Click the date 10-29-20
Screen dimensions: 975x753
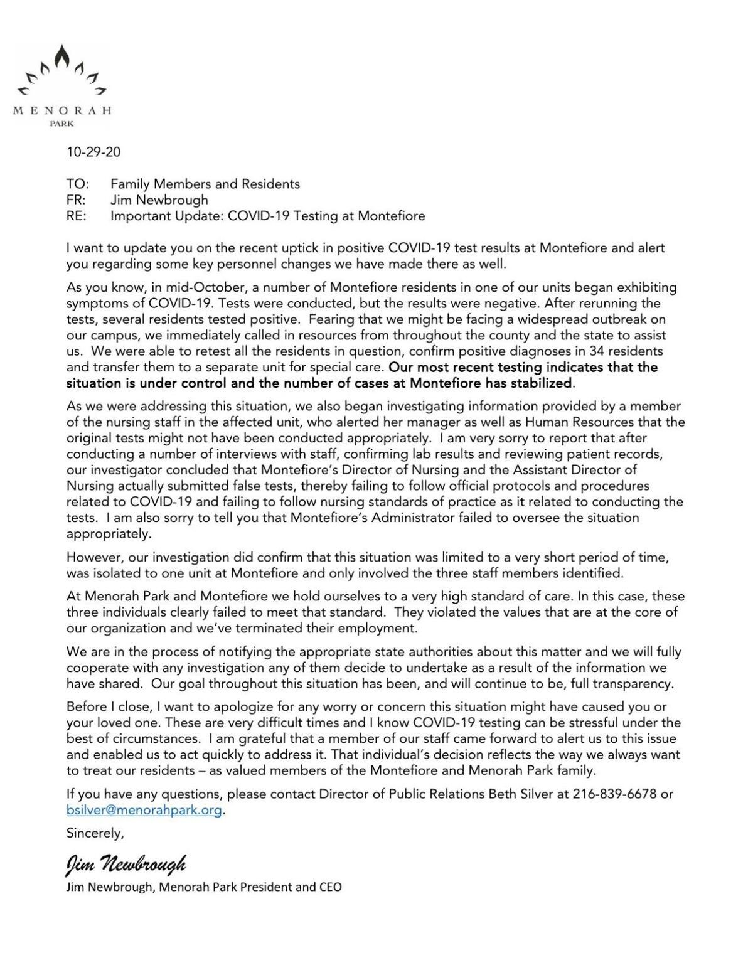pos(93,152)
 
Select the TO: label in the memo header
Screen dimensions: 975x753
pos(78,184)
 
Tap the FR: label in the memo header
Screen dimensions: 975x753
pos(76,200)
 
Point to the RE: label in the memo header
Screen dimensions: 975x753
pos(77,216)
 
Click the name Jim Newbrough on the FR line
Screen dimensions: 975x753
pos(159,200)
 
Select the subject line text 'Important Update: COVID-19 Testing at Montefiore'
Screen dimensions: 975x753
pos(267,216)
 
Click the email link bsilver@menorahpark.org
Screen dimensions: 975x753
pos(144,810)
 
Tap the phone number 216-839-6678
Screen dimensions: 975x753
pos(614,794)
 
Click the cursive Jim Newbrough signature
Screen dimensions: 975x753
pos(126,865)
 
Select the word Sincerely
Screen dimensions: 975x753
pos(95,833)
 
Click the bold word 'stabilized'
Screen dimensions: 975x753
pos(541,383)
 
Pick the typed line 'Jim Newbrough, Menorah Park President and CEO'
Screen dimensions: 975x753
pos(204,887)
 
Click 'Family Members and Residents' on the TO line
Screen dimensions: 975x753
pos(205,184)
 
